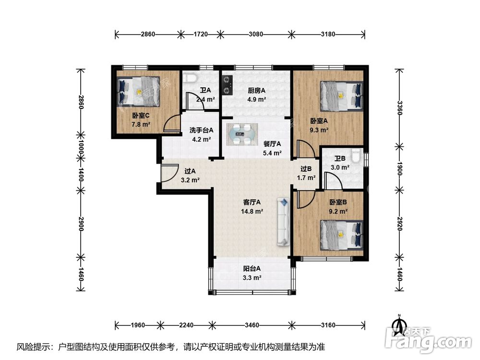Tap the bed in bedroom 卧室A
pyautogui.click(x=342, y=96)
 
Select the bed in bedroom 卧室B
pyautogui.click(x=342, y=235)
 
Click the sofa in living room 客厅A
pyautogui.click(x=283, y=222)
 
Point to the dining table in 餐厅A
pyautogui.click(x=242, y=134)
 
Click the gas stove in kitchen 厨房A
pyautogui.click(x=227, y=85)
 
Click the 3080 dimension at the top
pyautogui.click(x=256, y=34)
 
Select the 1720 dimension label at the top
pyautogui.click(x=201, y=34)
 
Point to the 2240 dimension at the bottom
pyautogui.click(x=186, y=325)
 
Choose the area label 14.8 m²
pyautogui.click(x=252, y=211)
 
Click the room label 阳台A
pyautogui.click(x=252, y=268)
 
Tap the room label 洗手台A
pyautogui.click(x=202, y=130)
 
